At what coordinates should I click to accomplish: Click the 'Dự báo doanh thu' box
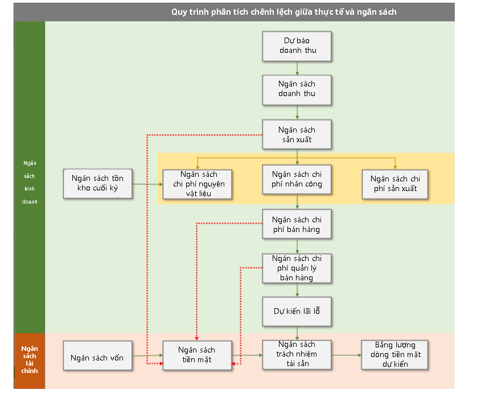click(297, 46)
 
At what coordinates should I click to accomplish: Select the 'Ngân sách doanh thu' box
click(297, 90)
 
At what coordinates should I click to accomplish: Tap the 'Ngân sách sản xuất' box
click(297, 135)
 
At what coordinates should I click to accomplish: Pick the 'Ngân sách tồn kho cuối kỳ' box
click(97, 184)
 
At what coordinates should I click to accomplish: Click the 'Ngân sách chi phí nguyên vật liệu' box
click(198, 184)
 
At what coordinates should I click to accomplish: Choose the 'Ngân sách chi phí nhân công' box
click(297, 180)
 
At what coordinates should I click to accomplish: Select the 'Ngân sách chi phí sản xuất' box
click(395, 184)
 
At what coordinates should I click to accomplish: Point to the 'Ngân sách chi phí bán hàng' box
click(297, 224)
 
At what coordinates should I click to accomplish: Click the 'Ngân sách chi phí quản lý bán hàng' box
click(297, 268)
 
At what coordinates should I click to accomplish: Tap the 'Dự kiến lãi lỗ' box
click(297, 311)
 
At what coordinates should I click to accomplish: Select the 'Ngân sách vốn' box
click(97, 355)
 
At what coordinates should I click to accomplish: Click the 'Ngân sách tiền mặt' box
click(198, 355)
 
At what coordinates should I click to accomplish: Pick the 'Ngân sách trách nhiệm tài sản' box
click(297, 355)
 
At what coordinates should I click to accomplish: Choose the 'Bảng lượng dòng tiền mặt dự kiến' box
click(395, 355)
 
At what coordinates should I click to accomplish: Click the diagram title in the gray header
click(283, 12)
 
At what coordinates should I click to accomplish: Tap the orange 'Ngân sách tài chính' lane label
click(30, 360)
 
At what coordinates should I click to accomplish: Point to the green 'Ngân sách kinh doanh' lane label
click(30, 183)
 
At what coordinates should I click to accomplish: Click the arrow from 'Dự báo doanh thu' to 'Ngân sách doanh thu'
click(297, 68)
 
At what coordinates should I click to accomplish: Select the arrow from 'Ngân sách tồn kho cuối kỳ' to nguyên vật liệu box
click(147, 184)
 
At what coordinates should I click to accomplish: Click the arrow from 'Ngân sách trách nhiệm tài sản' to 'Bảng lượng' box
click(347, 355)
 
